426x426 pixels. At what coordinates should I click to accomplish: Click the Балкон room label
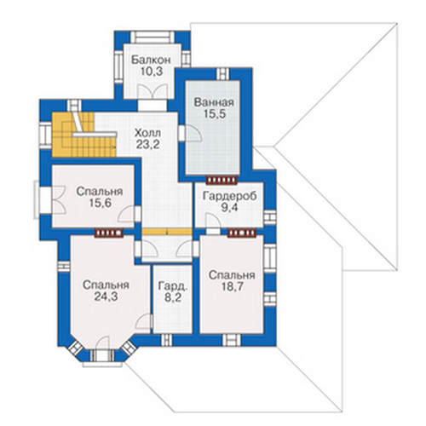151,60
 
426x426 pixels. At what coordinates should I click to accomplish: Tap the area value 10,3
152,72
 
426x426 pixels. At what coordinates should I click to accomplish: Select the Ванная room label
214,102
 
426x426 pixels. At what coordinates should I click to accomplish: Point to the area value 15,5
215,114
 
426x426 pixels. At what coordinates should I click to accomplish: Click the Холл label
147,133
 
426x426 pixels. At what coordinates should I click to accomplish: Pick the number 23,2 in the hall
147,145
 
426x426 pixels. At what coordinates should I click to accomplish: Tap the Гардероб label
230,196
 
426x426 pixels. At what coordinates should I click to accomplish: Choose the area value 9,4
230,208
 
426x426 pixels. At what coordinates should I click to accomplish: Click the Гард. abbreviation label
173,286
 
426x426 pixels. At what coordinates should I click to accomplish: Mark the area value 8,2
173,298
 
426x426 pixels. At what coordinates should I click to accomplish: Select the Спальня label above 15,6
100,192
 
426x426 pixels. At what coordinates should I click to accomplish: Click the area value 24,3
106,296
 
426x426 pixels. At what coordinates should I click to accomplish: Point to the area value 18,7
233,287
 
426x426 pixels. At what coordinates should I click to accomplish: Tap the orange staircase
84,135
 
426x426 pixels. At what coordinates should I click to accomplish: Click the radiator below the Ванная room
222,180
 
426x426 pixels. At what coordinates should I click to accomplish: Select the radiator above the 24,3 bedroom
109,233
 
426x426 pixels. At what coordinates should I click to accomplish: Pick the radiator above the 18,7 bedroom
242,233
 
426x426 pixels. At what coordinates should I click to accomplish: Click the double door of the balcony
152,91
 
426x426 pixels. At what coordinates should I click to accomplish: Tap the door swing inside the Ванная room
193,134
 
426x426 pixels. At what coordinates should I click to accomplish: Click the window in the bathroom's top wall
223,74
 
